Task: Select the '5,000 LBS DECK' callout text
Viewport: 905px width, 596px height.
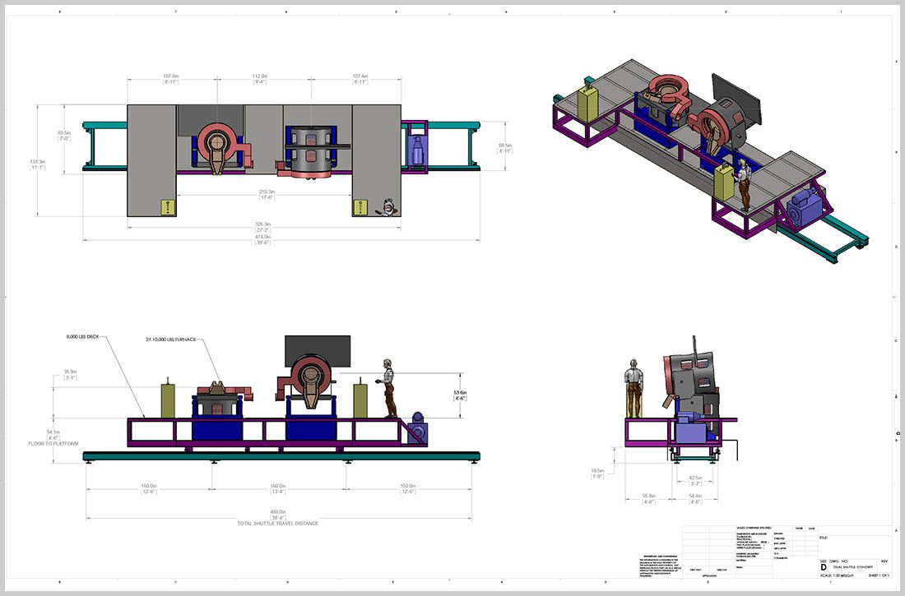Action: (82, 337)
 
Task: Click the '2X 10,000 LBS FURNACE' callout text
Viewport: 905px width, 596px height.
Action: (171, 340)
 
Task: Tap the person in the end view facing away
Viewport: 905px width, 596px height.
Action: (633, 387)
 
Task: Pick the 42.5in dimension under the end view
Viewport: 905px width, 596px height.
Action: (694, 478)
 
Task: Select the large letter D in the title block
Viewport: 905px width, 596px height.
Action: (824, 567)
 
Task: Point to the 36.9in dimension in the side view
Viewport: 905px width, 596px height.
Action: (70, 374)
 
